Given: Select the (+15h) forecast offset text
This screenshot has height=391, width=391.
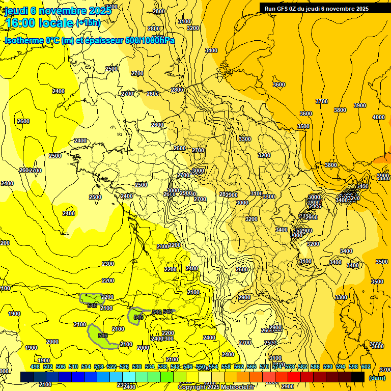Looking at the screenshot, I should tap(88, 23).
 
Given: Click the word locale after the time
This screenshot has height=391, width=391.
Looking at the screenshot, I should tap(57, 23).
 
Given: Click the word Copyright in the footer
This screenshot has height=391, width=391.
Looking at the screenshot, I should tap(191, 387).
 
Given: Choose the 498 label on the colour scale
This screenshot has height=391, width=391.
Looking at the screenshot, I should tap(35, 367).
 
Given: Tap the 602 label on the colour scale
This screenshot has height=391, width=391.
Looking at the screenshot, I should tap(366, 367).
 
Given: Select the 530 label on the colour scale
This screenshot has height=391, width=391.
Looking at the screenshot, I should tap(137, 367).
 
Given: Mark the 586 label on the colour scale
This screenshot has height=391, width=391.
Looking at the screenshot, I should tap(315, 367).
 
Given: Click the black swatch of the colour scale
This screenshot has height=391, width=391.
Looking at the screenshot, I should tap(358, 377).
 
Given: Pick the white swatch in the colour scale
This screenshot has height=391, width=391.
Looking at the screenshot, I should tap(192, 377).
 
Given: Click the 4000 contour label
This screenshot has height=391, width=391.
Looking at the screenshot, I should tap(379, 117).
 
